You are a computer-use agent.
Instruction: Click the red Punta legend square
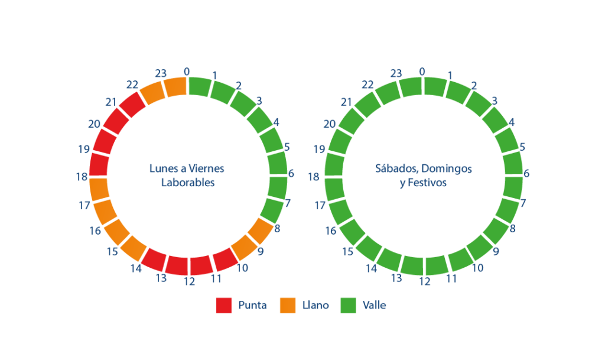point(224,305)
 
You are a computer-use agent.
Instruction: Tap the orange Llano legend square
point(288,305)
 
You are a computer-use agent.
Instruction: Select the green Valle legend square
point(349,305)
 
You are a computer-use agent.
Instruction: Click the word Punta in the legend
point(252,305)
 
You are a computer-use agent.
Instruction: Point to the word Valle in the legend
point(374,305)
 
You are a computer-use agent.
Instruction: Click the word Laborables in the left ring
point(188,183)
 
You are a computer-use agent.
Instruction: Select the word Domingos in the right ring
point(447,169)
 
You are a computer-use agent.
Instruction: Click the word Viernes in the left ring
point(206,168)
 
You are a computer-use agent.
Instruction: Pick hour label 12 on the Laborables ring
point(189,281)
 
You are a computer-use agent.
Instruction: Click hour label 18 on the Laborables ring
point(82,177)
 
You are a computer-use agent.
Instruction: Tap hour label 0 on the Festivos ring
point(422,72)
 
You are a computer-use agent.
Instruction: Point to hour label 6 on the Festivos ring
point(526,174)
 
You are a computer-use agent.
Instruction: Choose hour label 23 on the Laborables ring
point(161,73)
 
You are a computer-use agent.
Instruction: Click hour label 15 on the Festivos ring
point(347,252)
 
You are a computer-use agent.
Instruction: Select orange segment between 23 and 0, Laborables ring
point(176,87)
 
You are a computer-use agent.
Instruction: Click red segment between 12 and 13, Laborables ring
point(177,265)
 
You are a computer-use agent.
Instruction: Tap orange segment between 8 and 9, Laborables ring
point(261,231)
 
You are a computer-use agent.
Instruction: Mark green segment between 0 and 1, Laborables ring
point(200,87)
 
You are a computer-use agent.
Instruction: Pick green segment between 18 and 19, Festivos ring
point(334,164)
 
